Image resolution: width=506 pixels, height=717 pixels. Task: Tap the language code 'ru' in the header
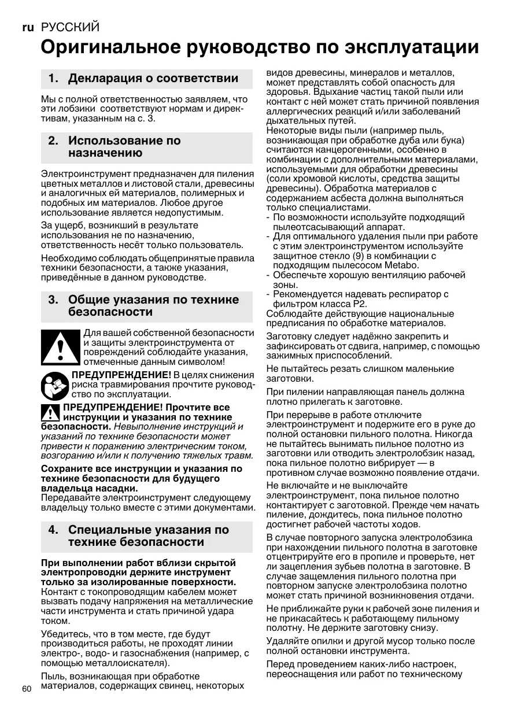tap(28, 27)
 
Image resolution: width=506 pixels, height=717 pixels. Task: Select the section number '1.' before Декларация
tap(54, 79)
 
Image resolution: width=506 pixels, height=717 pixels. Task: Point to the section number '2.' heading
tap(54, 141)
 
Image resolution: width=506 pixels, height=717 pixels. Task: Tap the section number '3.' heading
tap(54, 300)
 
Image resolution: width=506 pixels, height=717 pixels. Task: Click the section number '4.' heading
tap(54, 530)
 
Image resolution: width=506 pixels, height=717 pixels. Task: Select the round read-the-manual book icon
tap(54, 384)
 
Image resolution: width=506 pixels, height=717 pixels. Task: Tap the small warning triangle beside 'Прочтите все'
tap(51, 412)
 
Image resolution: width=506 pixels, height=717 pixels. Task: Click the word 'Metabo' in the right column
tap(402, 265)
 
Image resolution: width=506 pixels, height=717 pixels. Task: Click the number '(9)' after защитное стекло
tap(360, 256)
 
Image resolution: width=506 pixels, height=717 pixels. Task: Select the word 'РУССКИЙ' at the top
tap(70, 27)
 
